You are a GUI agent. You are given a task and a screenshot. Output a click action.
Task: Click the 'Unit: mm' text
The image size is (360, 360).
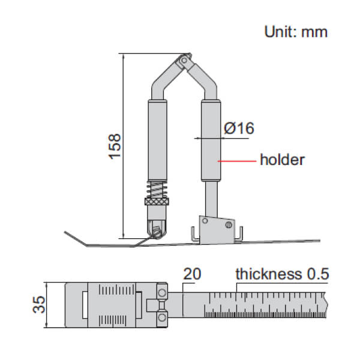pos(296,32)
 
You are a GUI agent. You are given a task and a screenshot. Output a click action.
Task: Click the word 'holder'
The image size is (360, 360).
pos(282,160)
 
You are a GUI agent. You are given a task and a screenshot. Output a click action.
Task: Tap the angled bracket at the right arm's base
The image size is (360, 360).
pos(217,227)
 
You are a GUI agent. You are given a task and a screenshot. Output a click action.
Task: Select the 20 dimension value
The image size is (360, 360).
pos(193,275)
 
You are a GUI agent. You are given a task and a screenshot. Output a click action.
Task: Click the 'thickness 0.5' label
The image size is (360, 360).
pos(282,274)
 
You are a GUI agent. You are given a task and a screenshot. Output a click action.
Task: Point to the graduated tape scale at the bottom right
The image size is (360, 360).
pos(264,305)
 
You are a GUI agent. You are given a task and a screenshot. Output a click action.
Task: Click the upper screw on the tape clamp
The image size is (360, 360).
pos(162,292)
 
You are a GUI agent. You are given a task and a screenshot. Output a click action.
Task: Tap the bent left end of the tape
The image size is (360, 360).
pos(75,237)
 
